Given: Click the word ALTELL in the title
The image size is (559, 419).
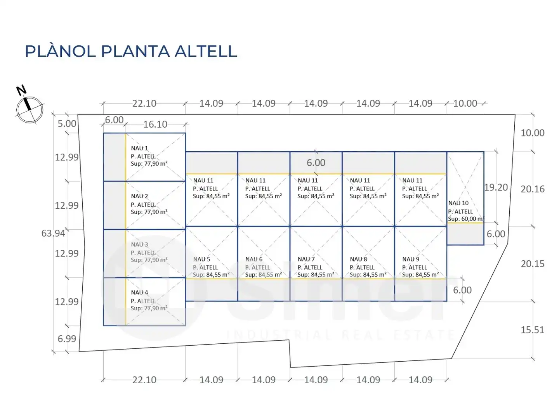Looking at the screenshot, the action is pos(206,51).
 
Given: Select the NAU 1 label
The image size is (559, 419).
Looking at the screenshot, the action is pos(139,148).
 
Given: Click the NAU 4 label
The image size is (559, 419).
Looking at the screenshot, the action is pos(139,293).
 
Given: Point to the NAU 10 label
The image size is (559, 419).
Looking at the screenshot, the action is pos(458,203).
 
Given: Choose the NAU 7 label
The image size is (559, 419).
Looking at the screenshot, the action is pos(306,259).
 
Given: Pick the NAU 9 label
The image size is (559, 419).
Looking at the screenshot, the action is pos(411,259).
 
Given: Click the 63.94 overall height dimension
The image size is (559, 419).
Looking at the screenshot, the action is pos(53,233).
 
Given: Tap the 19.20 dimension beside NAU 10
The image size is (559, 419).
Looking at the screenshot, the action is pos(496,187).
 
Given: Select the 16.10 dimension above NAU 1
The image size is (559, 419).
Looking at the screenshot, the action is pos(155,125).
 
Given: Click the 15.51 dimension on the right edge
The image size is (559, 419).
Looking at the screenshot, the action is pos(532,330).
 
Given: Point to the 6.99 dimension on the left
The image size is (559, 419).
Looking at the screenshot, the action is pos(67,339).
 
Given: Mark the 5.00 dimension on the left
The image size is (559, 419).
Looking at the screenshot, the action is pos(67,124).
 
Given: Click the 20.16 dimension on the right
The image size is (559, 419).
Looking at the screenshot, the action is pos(533,189).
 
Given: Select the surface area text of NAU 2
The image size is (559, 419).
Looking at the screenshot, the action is pos(149,212).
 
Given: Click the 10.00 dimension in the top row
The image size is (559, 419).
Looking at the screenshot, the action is pos(465,104).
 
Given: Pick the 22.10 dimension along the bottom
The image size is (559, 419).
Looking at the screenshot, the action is pos(144,380).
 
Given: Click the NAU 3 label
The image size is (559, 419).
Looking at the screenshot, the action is pos(139,244).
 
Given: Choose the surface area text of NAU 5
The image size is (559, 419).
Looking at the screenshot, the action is pos(211,275).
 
